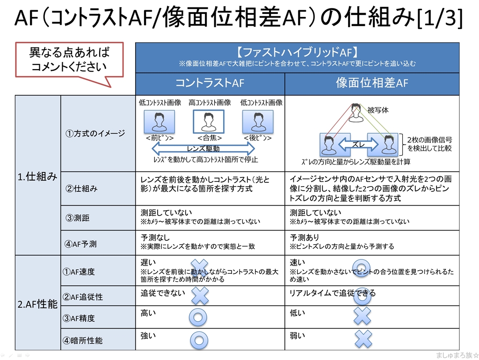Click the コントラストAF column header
(x=210, y=84)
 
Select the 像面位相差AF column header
(x=372, y=84)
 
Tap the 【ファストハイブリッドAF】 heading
(x=297, y=52)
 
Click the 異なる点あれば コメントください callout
(x=69, y=59)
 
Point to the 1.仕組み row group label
(x=38, y=176)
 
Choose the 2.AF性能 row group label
(x=38, y=304)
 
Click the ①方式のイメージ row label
(x=95, y=133)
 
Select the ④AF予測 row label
(x=80, y=244)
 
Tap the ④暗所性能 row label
(x=83, y=340)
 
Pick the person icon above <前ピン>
(x=160, y=122)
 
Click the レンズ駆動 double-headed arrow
(x=203, y=149)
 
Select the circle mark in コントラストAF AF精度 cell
(x=198, y=317)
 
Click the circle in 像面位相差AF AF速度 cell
(x=361, y=268)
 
